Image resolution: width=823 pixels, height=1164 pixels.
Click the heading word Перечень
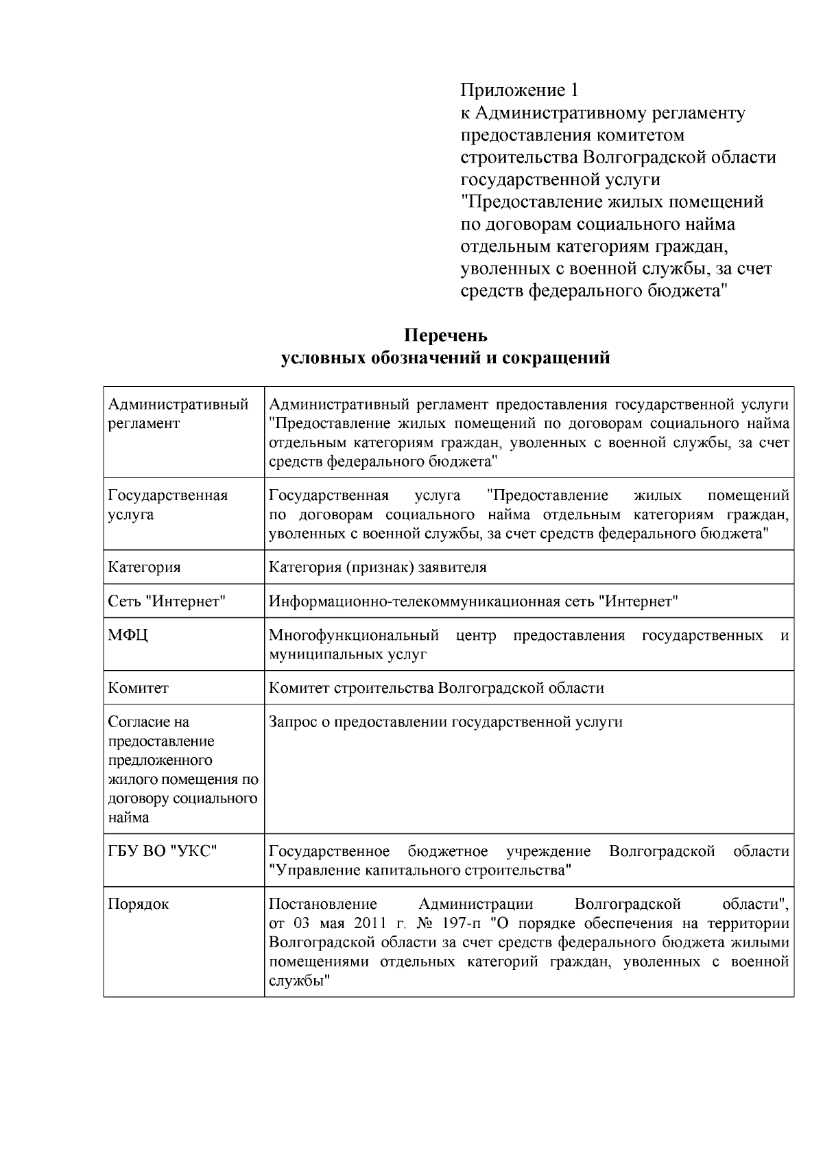445,335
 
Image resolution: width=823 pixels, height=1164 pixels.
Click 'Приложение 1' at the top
519,90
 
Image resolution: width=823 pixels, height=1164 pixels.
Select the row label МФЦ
128,635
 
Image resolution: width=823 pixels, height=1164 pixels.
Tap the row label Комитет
139,688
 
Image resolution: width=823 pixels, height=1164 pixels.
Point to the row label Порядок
139,904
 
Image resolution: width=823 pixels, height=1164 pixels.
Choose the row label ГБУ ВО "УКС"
163,851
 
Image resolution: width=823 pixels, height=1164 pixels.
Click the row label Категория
145,567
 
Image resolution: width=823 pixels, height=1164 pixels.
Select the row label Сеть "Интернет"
167,602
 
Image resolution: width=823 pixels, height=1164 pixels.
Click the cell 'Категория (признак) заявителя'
377,567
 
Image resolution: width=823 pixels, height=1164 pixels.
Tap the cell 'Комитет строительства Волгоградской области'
436,688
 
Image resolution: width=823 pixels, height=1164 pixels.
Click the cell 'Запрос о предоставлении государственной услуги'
446,722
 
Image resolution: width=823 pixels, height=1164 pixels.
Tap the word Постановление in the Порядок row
323,904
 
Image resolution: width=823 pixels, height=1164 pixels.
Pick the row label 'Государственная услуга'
168,505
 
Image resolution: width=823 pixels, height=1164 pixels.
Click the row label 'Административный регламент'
178,414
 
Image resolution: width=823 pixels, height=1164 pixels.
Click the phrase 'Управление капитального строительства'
420,871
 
